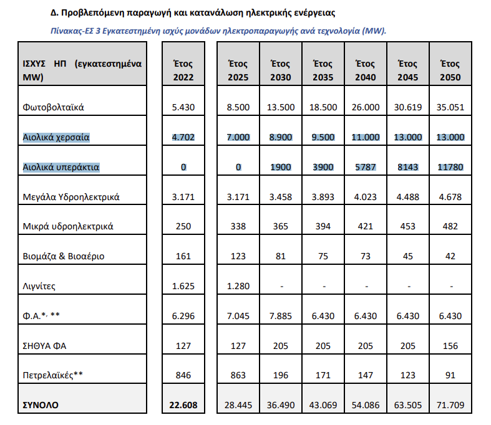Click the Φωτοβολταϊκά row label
point(53,107)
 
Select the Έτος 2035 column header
point(323,70)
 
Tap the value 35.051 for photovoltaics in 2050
point(450,107)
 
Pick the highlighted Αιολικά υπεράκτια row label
point(61,167)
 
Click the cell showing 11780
point(450,167)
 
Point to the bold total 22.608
point(183,405)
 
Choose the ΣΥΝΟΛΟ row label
point(41,405)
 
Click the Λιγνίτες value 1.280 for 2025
point(238,286)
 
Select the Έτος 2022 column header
point(183,70)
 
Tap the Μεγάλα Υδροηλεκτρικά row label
point(71,197)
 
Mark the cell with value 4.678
point(450,197)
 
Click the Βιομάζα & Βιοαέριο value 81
point(281,257)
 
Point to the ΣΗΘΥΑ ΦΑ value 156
point(450,346)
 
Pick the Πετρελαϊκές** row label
point(52,375)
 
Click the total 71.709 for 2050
point(450,405)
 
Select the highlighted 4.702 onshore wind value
point(183,137)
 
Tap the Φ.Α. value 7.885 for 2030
point(281,316)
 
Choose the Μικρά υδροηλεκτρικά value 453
point(407,226)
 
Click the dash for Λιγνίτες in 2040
point(366,287)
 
